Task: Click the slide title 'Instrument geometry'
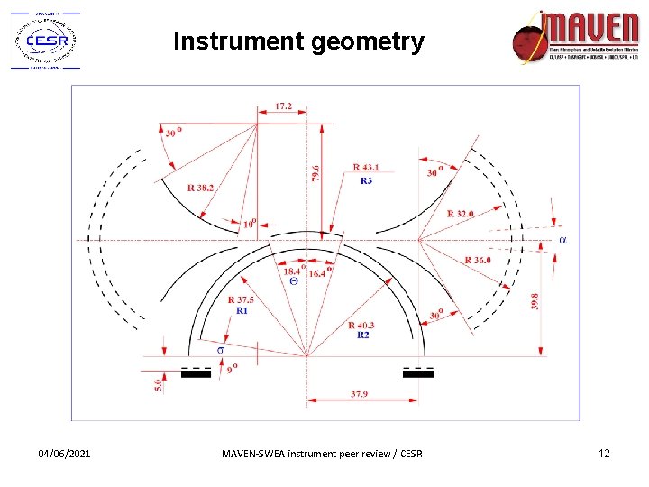point(297,41)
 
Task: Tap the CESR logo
point(44,41)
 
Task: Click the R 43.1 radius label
point(367,167)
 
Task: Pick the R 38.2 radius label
point(201,188)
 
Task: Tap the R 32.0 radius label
point(461,214)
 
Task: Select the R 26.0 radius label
point(478,261)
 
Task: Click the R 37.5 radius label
point(242,299)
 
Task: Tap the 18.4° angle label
point(294,271)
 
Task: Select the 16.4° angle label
point(320,271)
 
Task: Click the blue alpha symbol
point(563,240)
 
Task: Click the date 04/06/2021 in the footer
point(64,453)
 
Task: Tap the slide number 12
point(604,453)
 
